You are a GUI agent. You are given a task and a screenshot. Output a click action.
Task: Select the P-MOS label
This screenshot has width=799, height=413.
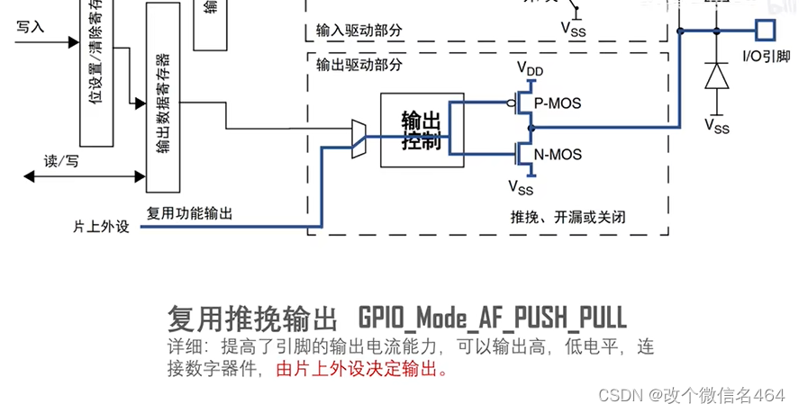558,103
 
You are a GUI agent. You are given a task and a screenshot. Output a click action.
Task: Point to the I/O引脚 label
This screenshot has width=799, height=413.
765,57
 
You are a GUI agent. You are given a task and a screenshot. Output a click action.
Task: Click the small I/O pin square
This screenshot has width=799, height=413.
765,30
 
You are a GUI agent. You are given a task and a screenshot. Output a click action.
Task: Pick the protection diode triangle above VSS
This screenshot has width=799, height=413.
717,76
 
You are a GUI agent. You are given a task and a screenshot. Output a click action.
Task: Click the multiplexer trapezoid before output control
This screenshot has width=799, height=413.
359,139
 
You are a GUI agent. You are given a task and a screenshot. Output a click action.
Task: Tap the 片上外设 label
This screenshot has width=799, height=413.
101,227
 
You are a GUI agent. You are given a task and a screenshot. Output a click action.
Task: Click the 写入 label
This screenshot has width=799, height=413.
30,27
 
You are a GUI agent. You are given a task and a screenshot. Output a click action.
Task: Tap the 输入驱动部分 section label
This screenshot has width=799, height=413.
359,31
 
